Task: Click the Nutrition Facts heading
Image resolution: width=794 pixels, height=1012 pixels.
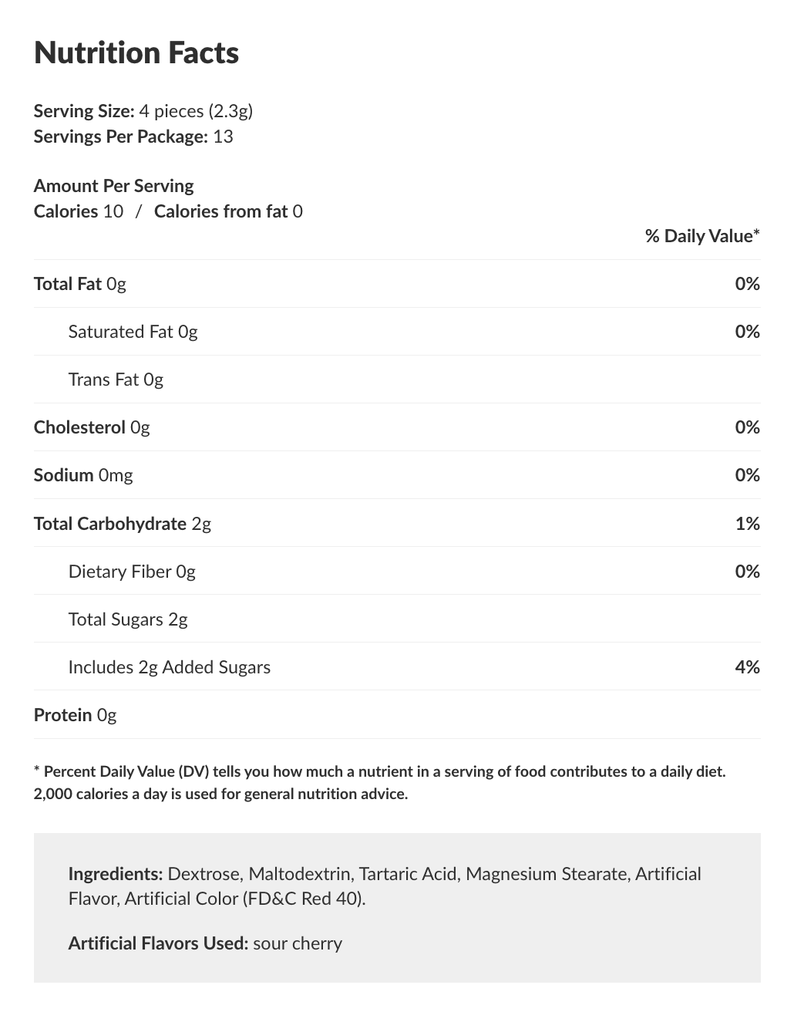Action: tap(136, 52)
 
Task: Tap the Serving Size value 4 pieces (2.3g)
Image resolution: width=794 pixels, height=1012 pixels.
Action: tap(196, 111)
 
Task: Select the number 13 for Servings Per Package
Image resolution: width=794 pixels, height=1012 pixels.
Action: tap(223, 137)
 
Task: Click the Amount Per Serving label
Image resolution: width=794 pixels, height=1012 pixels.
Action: tap(113, 186)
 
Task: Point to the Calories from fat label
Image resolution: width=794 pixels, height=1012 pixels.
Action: tap(220, 211)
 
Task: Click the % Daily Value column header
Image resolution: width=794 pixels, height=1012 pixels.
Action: tap(701, 236)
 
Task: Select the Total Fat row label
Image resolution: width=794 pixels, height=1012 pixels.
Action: tap(68, 284)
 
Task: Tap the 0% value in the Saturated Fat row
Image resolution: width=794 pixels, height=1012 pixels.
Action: tap(747, 332)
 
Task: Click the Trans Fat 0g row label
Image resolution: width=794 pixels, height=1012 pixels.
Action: tap(116, 379)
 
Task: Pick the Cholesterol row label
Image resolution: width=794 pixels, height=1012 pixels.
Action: tap(79, 427)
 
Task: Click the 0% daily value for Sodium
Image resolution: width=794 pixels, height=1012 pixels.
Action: tap(747, 475)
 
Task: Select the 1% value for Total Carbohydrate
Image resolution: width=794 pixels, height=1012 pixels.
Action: tap(747, 524)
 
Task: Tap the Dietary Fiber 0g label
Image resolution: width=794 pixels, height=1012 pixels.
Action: tap(132, 572)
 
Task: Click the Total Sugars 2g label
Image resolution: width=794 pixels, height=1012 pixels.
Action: tap(128, 619)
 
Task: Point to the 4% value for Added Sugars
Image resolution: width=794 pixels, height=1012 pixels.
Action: tap(747, 667)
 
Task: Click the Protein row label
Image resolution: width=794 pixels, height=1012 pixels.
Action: tap(63, 715)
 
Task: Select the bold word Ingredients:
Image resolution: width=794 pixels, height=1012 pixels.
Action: tap(115, 874)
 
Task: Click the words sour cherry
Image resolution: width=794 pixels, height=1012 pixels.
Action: tap(298, 943)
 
